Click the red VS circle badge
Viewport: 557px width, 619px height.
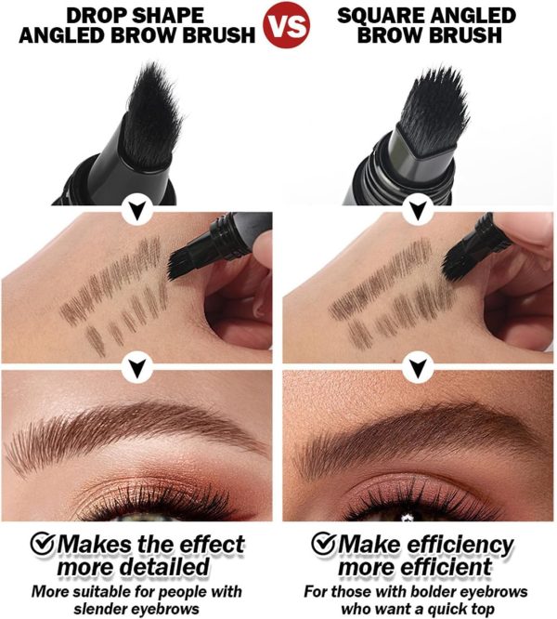click(287, 24)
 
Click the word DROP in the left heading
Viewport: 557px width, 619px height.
click(96, 16)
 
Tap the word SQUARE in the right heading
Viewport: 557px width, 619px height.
click(381, 16)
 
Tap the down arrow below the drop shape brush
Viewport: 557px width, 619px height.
click(136, 211)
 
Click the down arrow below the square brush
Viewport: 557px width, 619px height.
click(418, 211)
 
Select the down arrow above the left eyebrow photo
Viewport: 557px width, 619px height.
click(136, 367)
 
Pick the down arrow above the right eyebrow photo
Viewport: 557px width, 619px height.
click(418, 367)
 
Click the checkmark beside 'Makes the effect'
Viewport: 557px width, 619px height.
click(43, 543)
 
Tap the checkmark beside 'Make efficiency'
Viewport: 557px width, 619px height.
click(324, 543)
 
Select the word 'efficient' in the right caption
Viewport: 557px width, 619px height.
click(447, 567)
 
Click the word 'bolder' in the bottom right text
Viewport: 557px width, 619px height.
click(434, 591)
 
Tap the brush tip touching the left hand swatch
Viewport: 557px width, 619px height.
click(178, 264)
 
